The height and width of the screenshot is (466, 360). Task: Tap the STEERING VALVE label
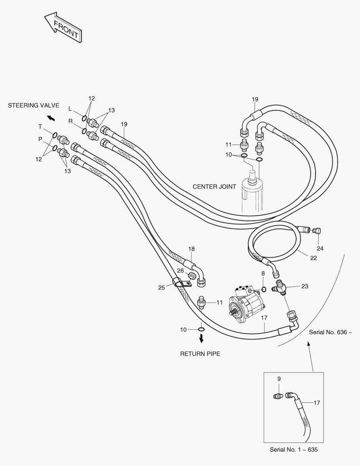click(x=34, y=105)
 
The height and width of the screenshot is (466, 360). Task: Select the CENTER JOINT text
click(x=214, y=187)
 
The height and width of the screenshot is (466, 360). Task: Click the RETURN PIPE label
click(x=200, y=354)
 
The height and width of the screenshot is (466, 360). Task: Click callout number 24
click(x=320, y=248)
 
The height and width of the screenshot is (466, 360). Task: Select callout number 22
click(x=313, y=258)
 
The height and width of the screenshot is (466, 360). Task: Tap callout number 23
click(x=305, y=286)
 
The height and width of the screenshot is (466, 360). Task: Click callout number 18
click(x=191, y=249)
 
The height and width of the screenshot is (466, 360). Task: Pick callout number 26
click(x=180, y=271)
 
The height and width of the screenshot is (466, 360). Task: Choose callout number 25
click(x=161, y=287)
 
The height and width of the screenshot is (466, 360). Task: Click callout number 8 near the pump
click(x=263, y=273)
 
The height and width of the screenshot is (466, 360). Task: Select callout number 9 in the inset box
click(x=279, y=379)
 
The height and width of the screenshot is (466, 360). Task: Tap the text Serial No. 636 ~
click(x=331, y=332)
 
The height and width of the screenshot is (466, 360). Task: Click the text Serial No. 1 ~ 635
click(x=294, y=449)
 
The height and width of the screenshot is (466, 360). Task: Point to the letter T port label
click(x=40, y=126)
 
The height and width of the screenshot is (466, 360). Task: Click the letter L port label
click(x=70, y=108)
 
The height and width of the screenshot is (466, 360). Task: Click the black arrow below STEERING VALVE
click(x=50, y=117)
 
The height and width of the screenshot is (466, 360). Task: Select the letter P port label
click(x=40, y=139)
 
